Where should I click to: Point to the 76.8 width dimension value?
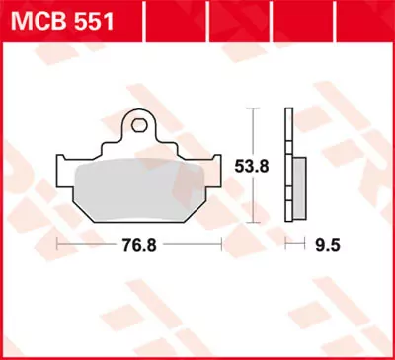point(138,241)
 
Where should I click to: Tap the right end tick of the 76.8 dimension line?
point(219,241)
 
